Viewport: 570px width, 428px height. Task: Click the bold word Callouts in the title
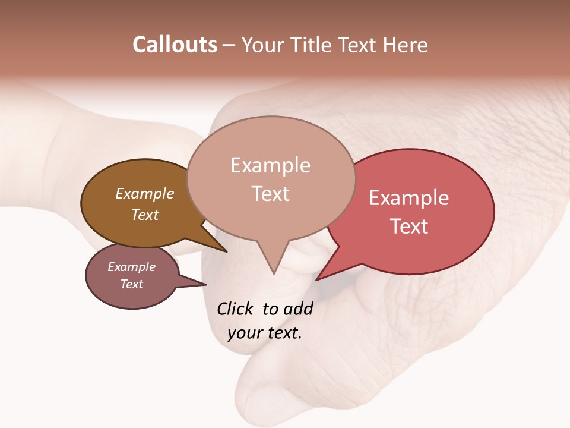[175, 45]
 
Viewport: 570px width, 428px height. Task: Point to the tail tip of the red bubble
[319, 278]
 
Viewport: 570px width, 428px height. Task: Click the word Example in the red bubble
[409, 198]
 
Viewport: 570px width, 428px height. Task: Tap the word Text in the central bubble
[271, 194]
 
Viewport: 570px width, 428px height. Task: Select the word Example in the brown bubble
[144, 193]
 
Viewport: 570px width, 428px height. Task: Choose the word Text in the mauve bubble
[131, 284]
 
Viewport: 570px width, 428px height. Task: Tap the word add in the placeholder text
[298, 309]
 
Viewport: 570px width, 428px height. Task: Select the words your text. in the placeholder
[265, 333]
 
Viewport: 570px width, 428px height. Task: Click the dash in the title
[229, 45]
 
